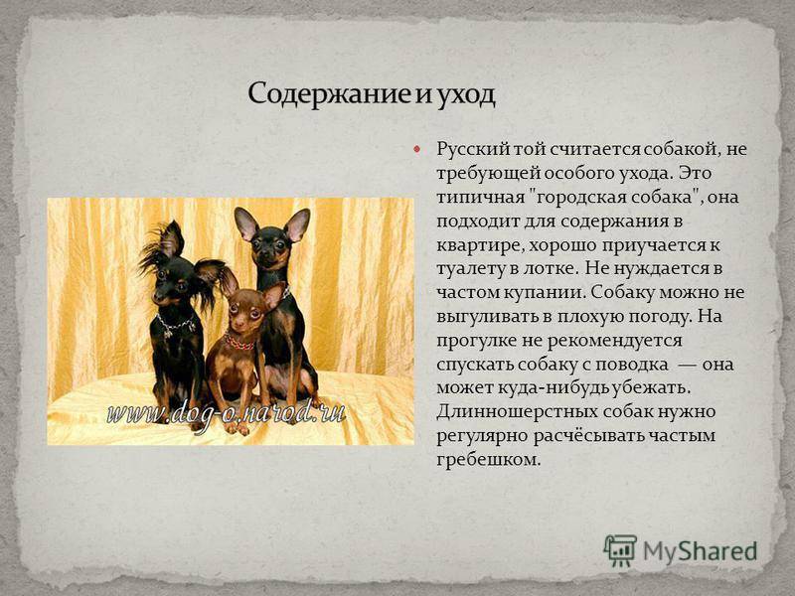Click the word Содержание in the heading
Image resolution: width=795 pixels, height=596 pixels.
point(330,94)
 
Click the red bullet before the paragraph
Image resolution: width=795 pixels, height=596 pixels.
point(416,149)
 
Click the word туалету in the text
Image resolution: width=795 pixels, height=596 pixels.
point(469,269)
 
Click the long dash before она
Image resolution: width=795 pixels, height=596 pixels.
point(686,365)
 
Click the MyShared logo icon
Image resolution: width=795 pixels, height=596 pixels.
point(619,550)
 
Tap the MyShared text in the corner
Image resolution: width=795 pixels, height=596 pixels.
point(700,551)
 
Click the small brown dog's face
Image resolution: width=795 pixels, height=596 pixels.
point(244,311)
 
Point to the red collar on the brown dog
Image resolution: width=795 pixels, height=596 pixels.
point(238,343)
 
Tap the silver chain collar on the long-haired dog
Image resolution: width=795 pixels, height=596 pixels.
point(176,324)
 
